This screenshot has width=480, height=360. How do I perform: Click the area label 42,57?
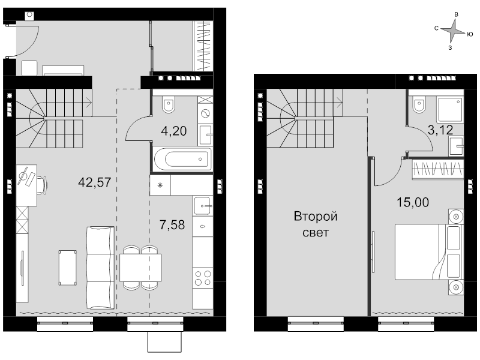tap(95, 182)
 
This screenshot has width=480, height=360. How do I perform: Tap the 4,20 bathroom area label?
tap(174, 131)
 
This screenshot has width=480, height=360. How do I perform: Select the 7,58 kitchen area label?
tap(172, 225)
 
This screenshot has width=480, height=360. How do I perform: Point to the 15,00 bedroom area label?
tap(413, 202)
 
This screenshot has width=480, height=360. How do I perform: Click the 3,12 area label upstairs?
tap(440, 130)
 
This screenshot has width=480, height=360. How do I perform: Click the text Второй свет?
tap(316, 224)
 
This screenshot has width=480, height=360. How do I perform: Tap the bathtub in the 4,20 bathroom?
tap(183, 159)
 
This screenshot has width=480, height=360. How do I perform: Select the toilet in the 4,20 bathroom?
tap(169, 104)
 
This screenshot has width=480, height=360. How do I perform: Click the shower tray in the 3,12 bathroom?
tap(449, 110)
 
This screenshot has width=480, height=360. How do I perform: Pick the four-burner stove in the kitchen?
tap(203, 278)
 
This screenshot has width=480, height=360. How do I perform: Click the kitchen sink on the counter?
tap(203, 206)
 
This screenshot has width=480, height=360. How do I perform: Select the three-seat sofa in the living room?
tap(100, 268)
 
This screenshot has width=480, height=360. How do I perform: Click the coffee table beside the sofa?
tap(68, 268)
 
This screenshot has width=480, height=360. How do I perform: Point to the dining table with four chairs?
tap(140, 268)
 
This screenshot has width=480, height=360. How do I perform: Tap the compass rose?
tap(453, 31)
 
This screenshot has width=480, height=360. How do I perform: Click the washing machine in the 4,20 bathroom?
tap(205, 114)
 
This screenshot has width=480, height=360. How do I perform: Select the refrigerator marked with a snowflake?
tap(160, 185)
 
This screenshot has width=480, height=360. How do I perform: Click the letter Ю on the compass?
tap(470, 34)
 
